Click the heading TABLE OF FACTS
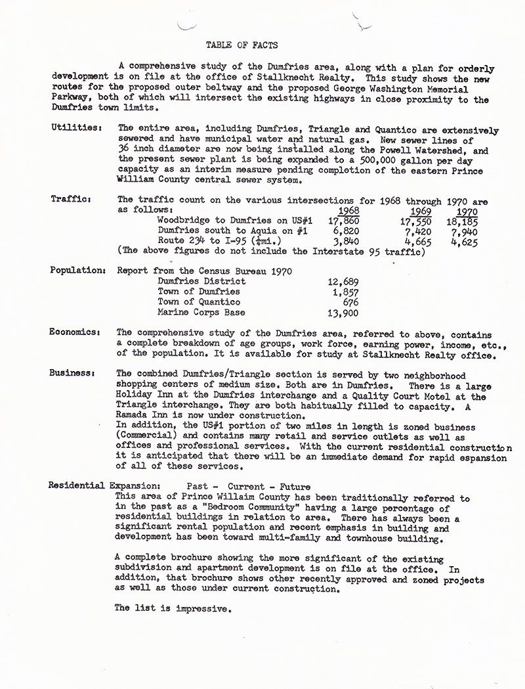[x=241, y=45]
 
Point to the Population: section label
[x=77, y=270]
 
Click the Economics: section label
[x=75, y=332]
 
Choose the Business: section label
[x=72, y=372]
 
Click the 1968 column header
[x=347, y=211]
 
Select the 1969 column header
[x=421, y=211]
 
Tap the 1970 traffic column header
[x=467, y=211]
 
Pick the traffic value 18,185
[x=464, y=222]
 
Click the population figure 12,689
[x=343, y=282]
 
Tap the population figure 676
[x=350, y=302]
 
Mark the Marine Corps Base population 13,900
[x=343, y=313]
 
